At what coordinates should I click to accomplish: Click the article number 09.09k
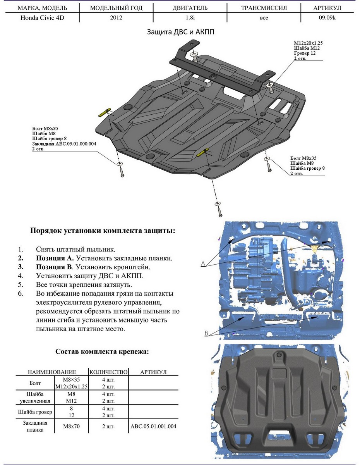tap(327, 17)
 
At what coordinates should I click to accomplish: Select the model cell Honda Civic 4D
tap(42, 17)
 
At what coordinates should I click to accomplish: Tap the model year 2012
tap(116, 17)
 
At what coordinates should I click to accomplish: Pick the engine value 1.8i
tap(190, 17)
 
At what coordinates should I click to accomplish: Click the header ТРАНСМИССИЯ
tap(264, 8)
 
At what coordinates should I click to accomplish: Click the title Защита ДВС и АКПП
tap(180, 32)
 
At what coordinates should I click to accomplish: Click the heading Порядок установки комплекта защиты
tap(103, 231)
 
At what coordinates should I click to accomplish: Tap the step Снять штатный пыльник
tap(75, 250)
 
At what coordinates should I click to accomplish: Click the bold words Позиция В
tap(54, 267)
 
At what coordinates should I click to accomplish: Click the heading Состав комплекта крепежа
tap(102, 352)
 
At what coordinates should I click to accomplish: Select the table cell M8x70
tap(72, 427)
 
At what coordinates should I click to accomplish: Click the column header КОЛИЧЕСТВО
tap(108, 372)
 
